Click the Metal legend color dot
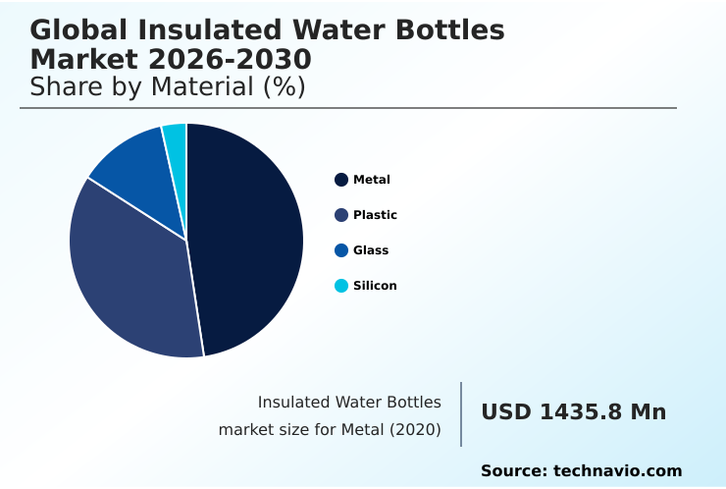[341, 180]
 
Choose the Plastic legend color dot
[341, 215]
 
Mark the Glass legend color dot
[341, 250]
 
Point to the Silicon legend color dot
[341, 286]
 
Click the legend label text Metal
[372, 180]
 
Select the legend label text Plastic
[375, 215]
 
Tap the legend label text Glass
[371, 250]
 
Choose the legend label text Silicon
[375, 286]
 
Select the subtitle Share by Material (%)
[168, 87]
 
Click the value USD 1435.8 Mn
[573, 412]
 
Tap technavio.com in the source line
[617, 471]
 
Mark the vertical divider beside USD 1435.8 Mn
[461, 414]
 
